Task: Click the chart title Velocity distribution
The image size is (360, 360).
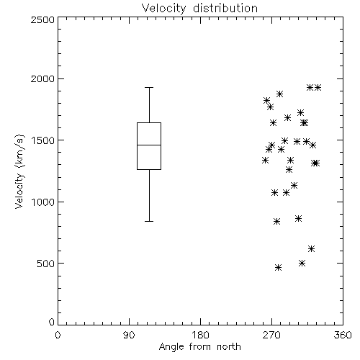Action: (x=199, y=8)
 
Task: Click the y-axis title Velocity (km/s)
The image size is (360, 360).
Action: (x=19, y=171)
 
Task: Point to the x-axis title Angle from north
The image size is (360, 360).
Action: (x=199, y=346)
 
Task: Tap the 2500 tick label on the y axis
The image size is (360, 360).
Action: (x=42, y=19)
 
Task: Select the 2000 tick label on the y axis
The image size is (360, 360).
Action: (x=42, y=78)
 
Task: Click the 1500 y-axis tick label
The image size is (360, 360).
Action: (x=43, y=140)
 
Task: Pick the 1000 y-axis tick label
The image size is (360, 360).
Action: (x=43, y=202)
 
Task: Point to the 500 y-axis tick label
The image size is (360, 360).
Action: (x=46, y=264)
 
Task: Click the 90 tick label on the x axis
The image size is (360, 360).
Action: (x=129, y=335)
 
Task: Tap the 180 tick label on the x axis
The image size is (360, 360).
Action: (x=200, y=335)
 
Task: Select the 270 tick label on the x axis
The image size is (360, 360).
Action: (x=271, y=335)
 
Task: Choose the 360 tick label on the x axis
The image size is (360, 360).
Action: (x=343, y=335)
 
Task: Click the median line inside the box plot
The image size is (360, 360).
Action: (x=149, y=145)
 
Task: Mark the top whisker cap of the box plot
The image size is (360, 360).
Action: (x=149, y=88)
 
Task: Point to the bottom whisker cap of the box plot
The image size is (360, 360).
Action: (x=149, y=221)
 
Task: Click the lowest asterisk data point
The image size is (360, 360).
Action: (x=278, y=268)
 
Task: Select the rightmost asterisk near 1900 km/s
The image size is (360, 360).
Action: (x=318, y=88)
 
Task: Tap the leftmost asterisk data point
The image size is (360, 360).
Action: (x=265, y=161)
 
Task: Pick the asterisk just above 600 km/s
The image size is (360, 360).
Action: (x=311, y=249)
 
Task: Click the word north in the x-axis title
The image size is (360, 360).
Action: (x=229, y=346)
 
